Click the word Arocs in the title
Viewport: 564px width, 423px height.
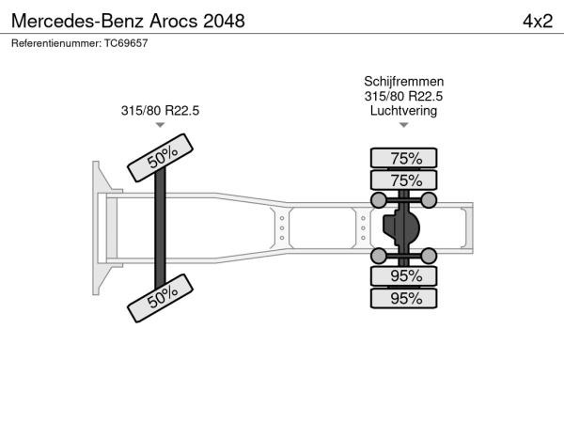(x=174, y=21)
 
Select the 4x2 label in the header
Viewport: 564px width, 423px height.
(x=538, y=22)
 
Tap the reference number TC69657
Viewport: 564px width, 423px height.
(x=126, y=43)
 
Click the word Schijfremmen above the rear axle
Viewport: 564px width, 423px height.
(x=403, y=81)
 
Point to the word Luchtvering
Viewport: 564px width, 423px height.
(x=403, y=110)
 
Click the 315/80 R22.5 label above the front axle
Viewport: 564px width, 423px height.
(x=160, y=110)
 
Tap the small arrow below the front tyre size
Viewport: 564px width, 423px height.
(x=160, y=125)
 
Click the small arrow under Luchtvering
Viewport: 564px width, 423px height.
(x=403, y=125)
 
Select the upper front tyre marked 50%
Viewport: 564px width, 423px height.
(x=161, y=158)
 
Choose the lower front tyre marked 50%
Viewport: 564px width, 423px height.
(x=161, y=298)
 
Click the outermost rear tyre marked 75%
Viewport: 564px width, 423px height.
(x=403, y=158)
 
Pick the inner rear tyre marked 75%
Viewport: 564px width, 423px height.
(x=403, y=180)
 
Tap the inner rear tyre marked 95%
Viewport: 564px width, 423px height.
(x=403, y=275)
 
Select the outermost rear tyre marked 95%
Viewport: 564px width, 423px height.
(x=403, y=298)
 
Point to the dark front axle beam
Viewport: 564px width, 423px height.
(x=160, y=228)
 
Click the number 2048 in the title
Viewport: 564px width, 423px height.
(x=224, y=21)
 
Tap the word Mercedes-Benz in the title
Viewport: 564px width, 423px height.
(x=77, y=21)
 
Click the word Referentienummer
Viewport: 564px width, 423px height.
(x=56, y=43)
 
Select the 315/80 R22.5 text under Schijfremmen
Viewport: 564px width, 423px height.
(x=403, y=96)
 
